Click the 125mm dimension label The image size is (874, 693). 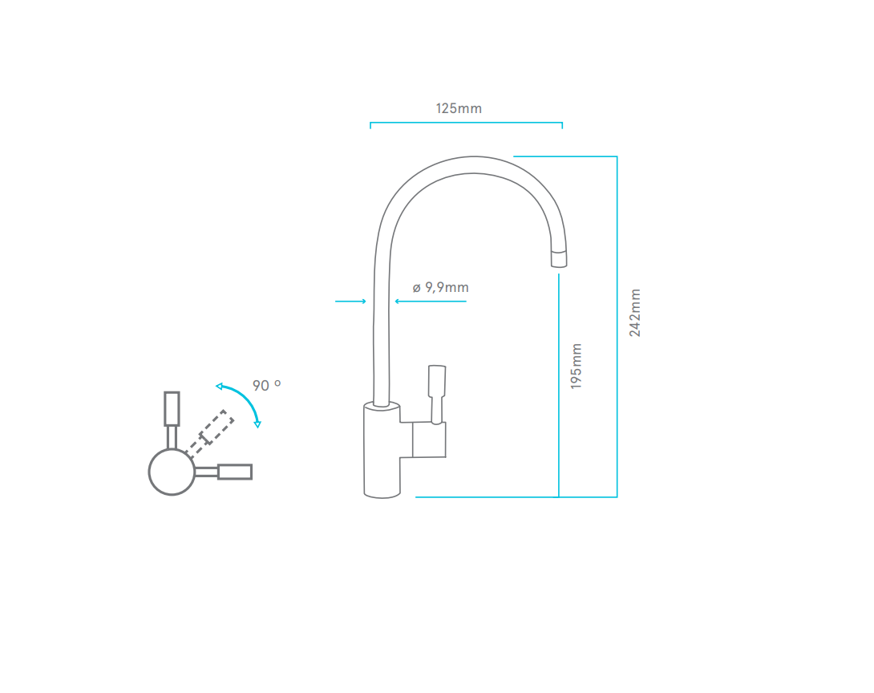coord(459,108)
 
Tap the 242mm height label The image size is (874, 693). coord(635,312)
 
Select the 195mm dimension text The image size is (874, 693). coord(577,367)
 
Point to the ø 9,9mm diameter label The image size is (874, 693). coord(440,287)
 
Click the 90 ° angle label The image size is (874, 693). coord(266,386)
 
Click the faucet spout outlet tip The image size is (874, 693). coord(558,258)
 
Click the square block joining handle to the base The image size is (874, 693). coord(428,440)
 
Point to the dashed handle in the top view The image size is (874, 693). coord(211,431)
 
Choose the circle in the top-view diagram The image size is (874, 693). coord(172,472)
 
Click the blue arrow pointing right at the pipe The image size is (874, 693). coord(350,302)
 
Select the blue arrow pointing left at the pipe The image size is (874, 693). coord(430,302)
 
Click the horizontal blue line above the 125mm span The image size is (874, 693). coord(466,124)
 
